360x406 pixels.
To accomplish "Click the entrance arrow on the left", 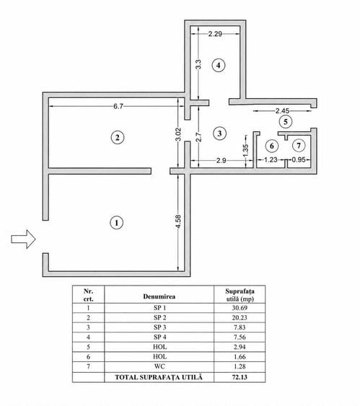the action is click(x=23, y=239).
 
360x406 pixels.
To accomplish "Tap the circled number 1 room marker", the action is click(x=117, y=223).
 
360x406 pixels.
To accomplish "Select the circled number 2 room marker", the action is click(x=118, y=137).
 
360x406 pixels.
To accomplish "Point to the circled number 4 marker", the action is click(x=219, y=65).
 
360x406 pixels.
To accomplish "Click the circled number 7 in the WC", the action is click(x=299, y=146).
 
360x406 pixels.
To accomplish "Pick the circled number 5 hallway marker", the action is click(x=286, y=121).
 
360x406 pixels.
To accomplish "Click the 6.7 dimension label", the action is click(x=118, y=106).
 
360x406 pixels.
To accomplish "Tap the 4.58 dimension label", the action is click(x=178, y=221).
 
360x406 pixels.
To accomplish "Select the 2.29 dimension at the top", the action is click(x=215, y=34).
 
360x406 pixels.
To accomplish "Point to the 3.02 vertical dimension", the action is click(x=178, y=134).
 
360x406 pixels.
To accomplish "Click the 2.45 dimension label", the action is click(x=282, y=111).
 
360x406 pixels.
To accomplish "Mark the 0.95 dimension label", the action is click(x=299, y=159).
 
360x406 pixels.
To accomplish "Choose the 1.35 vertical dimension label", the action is click(x=246, y=150).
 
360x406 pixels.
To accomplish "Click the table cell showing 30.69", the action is click(x=240, y=308).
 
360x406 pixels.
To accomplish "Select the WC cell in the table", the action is click(x=159, y=366).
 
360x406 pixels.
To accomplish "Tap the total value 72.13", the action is click(x=240, y=377).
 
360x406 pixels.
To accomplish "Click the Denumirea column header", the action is click(x=159, y=296).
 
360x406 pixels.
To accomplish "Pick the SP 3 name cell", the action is click(x=159, y=327).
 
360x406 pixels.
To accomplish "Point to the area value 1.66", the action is click(x=240, y=356).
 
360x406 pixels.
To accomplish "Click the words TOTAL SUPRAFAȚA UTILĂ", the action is click(x=159, y=377).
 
